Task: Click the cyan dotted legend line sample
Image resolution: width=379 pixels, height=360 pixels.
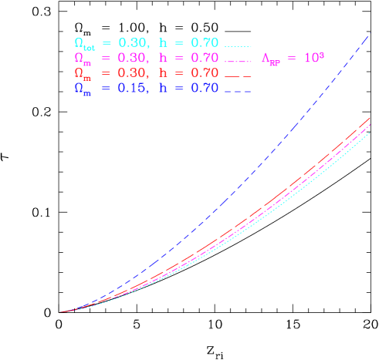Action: [238, 46]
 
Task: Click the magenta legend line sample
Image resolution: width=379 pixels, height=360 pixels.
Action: [238, 61]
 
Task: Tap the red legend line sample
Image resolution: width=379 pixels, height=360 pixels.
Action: [238, 76]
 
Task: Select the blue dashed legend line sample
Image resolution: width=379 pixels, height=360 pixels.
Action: [238, 90]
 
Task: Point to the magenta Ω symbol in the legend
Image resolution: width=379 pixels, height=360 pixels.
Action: [79, 58]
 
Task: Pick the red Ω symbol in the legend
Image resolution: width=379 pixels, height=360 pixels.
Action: [79, 72]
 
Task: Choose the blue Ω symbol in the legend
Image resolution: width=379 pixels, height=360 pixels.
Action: [79, 87]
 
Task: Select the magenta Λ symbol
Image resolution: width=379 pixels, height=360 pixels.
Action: [266, 58]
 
